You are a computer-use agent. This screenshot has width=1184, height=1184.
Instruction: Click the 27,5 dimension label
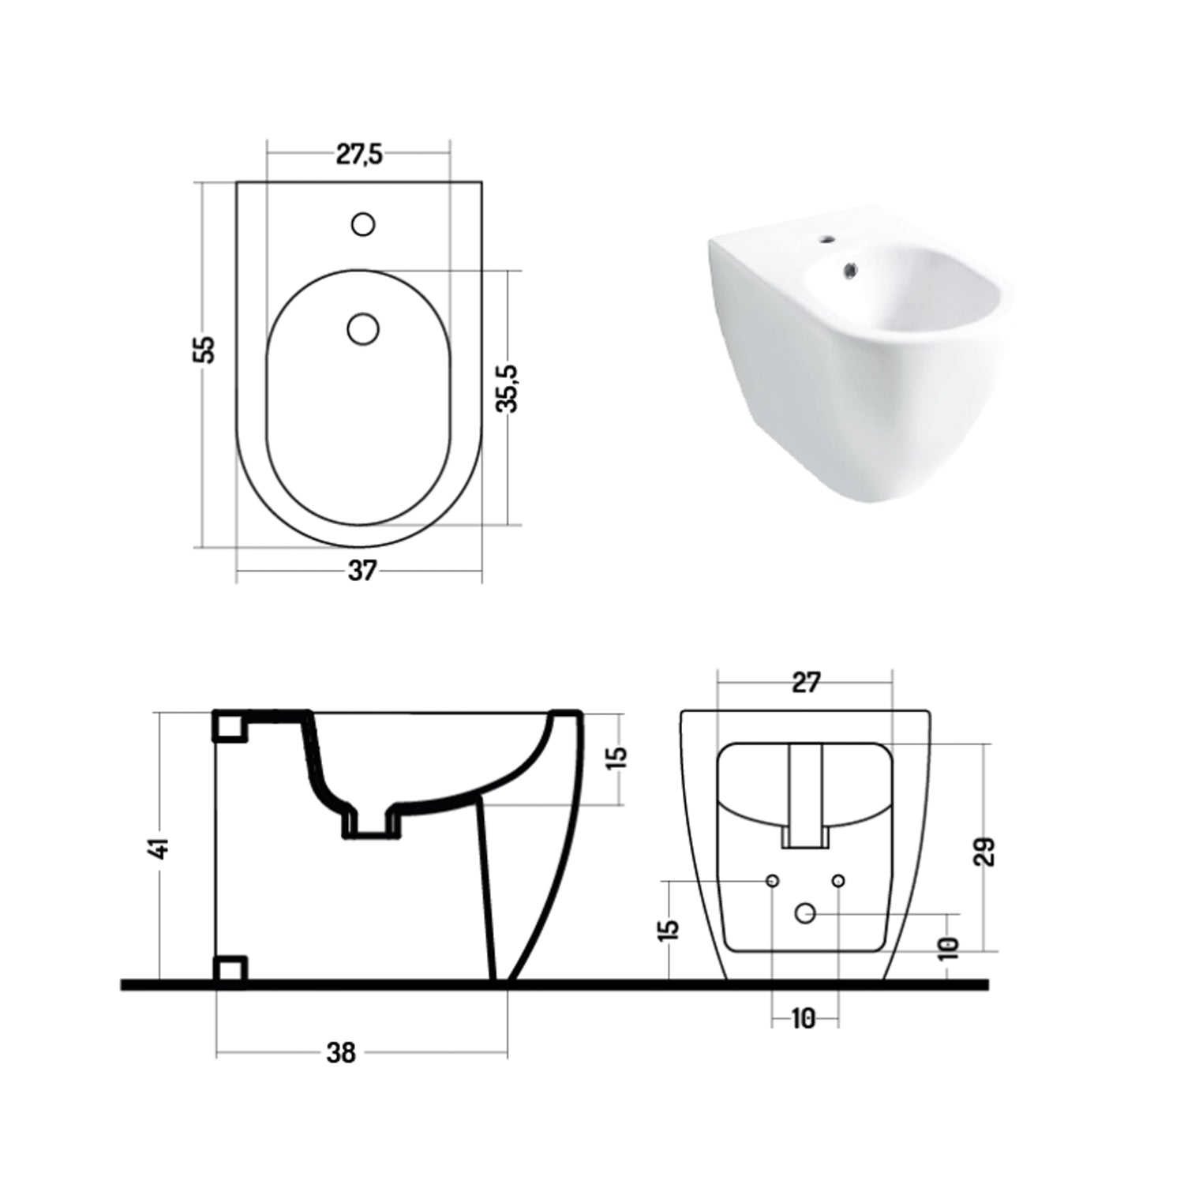[359, 155]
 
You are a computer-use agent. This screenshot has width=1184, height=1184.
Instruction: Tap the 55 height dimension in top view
[204, 349]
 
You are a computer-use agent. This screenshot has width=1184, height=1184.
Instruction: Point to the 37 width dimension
[362, 571]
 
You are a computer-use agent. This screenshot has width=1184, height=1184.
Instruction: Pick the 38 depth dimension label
[341, 1052]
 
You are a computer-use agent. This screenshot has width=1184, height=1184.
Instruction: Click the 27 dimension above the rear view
[805, 683]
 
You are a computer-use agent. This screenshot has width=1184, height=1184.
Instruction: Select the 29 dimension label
[985, 852]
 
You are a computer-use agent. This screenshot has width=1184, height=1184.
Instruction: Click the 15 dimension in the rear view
[669, 929]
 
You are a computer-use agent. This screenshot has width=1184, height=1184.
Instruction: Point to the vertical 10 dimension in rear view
[949, 946]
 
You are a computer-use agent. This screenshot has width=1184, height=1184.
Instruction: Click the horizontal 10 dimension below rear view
[803, 1019]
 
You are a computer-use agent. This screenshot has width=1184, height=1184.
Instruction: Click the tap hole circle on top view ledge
[362, 225]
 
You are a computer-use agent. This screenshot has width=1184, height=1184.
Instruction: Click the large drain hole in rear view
[804, 913]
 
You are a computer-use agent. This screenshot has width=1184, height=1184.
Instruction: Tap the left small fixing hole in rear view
[773, 880]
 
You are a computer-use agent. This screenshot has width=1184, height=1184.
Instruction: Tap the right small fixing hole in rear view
[838, 880]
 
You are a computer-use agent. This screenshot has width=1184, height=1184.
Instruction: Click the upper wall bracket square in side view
[230, 726]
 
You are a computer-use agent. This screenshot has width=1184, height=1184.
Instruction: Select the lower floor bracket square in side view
[230, 971]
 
